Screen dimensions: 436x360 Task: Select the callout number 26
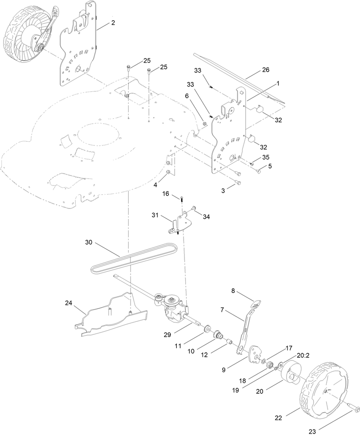265,71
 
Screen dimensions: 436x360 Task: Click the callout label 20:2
303,355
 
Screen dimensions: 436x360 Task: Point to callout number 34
207,216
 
